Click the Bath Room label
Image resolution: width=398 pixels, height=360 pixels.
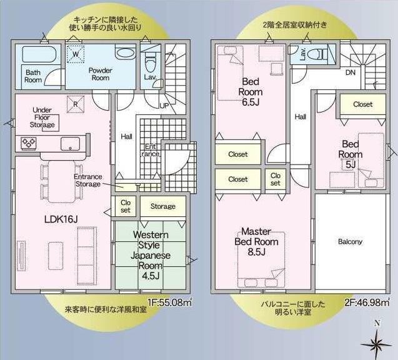click(33, 76)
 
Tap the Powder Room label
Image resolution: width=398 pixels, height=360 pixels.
click(100, 74)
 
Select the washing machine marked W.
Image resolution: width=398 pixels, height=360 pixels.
click(76, 54)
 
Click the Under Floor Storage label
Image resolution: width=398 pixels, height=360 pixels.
click(42, 117)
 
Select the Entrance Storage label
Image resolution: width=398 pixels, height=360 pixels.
click(87, 180)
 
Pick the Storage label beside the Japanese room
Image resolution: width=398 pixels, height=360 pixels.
click(163, 206)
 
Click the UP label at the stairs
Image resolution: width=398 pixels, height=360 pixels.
click(164, 106)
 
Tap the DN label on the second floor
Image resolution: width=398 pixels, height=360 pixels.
click(351, 72)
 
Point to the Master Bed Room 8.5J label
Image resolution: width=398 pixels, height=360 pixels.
click(256, 241)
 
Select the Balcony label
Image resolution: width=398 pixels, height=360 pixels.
click(351, 242)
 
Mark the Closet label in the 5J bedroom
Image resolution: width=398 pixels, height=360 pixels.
click(362, 104)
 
